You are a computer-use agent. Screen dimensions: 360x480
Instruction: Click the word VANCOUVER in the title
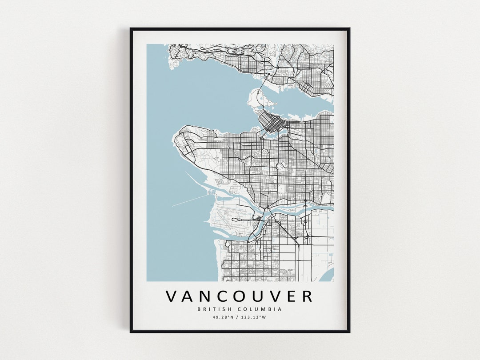239,296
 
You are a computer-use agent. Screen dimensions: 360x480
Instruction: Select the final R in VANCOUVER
307,296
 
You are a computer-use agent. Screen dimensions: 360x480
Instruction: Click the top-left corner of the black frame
131,29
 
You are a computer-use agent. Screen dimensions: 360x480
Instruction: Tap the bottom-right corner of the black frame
349,332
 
